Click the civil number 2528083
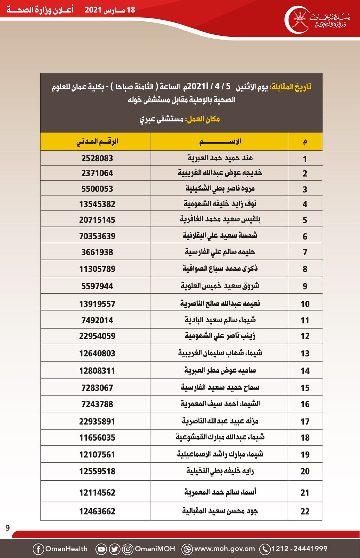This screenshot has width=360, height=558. (97, 158)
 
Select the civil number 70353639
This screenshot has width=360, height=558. (97, 236)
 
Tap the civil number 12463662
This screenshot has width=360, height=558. (97, 511)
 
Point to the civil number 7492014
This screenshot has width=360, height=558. (97, 320)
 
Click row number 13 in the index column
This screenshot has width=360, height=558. (305, 353)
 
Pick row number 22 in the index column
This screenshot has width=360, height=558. (305, 511)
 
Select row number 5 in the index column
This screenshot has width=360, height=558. (305, 220)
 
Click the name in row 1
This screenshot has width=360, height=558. (220, 158)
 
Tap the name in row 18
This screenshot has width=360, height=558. (220, 437)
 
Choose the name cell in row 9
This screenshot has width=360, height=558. (220, 286)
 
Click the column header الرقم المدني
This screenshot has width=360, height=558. (97, 142)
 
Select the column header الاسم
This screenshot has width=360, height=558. (220, 142)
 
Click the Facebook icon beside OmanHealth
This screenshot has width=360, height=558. (38, 549)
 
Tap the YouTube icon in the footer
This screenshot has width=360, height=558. (101, 549)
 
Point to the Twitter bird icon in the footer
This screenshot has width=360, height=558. (114, 549)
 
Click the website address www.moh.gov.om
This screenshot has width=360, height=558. (224, 549)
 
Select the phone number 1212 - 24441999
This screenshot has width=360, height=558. (299, 549)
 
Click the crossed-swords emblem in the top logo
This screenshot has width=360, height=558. (301, 19)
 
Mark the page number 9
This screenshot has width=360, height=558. (8, 528)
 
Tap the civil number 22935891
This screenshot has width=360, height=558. (97, 421)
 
